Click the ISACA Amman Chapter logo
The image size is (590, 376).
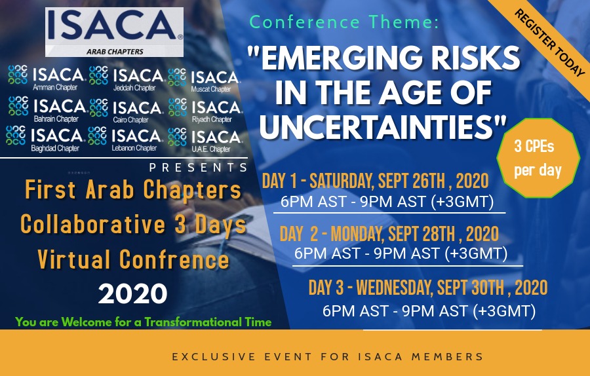46,78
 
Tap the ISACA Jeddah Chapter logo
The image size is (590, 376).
127,78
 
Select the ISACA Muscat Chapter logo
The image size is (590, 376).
205,79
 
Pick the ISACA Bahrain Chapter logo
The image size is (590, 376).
46,109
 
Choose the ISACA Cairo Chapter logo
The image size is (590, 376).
127,109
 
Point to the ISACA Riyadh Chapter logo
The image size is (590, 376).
205,109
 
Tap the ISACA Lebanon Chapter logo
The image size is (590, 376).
127,138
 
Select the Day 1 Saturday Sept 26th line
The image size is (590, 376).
376,181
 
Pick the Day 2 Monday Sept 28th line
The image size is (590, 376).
389,233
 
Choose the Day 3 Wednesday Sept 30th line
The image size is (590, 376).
427,287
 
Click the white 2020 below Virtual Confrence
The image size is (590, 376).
132,293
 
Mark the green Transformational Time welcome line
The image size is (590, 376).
144,322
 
